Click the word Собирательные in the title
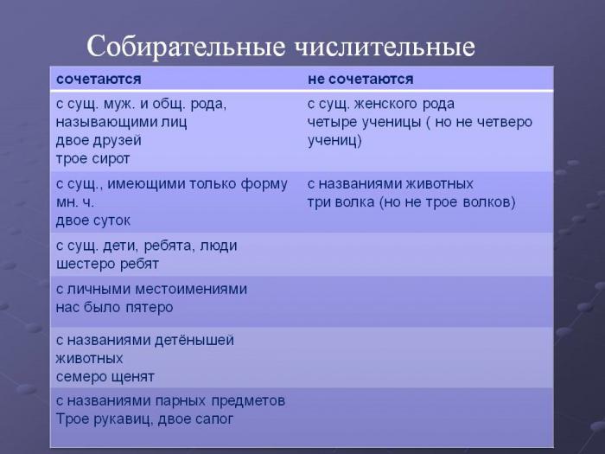pyautogui.click(x=186, y=47)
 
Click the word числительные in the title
pyautogui.click(x=385, y=47)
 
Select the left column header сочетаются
pyautogui.click(x=99, y=80)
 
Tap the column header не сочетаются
pyautogui.click(x=360, y=80)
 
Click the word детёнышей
pyautogui.click(x=194, y=341)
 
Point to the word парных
pyautogui.click(x=181, y=401)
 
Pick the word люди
pyautogui.click(x=219, y=246)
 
